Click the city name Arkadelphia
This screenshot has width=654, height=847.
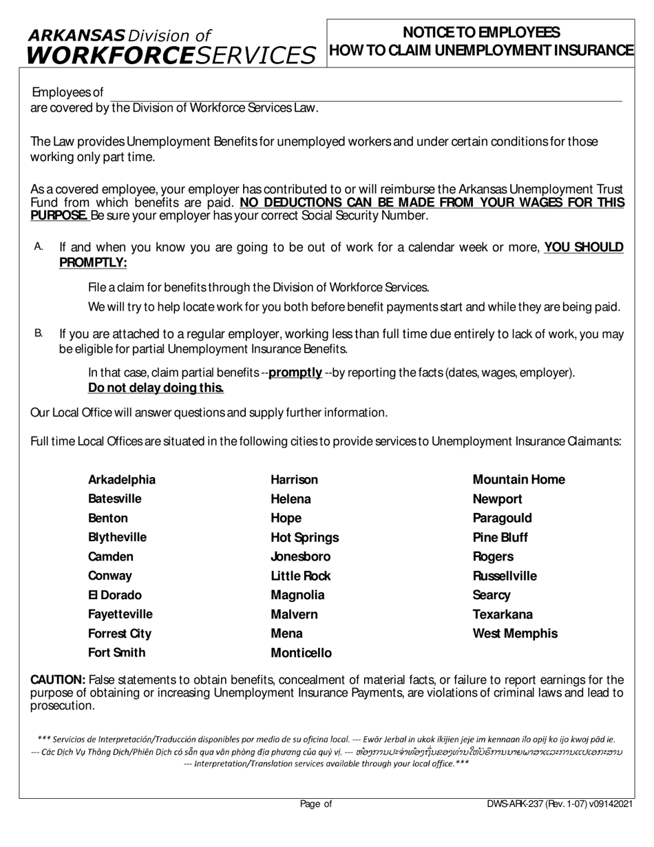[x=122, y=480]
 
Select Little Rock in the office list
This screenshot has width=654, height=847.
[x=300, y=576]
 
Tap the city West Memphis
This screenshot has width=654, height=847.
[x=515, y=634]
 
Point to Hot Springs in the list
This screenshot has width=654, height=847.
[x=304, y=538]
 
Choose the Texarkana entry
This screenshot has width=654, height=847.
[x=503, y=615]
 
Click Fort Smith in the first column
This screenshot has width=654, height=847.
[x=116, y=653]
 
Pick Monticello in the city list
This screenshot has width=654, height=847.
[x=301, y=653]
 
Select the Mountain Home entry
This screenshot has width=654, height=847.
[x=518, y=480]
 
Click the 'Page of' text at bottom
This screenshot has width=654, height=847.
[x=316, y=804]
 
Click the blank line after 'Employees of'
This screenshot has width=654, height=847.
[x=365, y=96]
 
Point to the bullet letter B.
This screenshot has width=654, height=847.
[x=38, y=333]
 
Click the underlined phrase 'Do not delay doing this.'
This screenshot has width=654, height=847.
[x=156, y=388]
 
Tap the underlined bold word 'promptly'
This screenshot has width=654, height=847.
[x=295, y=373]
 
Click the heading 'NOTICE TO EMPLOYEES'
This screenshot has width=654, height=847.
[x=481, y=32]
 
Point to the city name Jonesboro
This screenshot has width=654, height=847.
[x=300, y=557]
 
